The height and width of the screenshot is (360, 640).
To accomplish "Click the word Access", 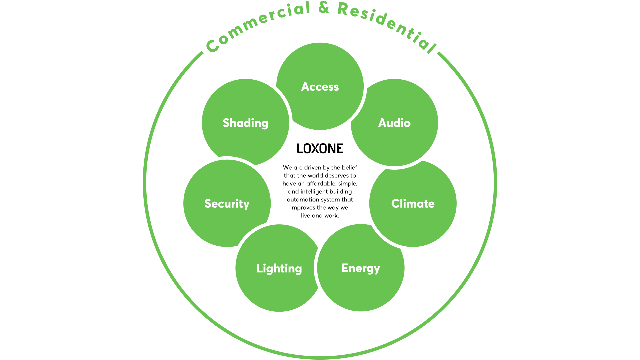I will tap(320, 87).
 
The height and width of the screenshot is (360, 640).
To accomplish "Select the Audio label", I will tap(394, 123).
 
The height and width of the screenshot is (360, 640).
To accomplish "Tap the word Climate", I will tap(413, 204).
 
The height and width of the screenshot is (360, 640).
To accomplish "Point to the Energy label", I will tap(361, 268).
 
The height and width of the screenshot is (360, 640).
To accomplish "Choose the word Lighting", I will tap(279, 268).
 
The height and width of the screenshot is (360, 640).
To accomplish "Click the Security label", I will tap(227, 204).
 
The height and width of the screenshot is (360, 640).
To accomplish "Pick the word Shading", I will tap(245, 123).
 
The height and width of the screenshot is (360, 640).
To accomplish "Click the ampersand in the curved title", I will tap(324, 7).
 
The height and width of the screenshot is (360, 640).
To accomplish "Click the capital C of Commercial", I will tap(212, 46).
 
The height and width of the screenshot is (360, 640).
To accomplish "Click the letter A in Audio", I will tap(383, 123).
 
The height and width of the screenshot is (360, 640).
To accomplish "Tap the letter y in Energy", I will tap(376, 270).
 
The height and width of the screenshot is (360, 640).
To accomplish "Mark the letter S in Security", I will tap(208, 204).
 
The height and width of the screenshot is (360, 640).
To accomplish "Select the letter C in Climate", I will tap(396, 204).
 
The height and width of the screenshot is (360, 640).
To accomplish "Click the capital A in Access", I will tap(305, 87).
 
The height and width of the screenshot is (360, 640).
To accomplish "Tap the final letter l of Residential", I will tap(432, 48).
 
